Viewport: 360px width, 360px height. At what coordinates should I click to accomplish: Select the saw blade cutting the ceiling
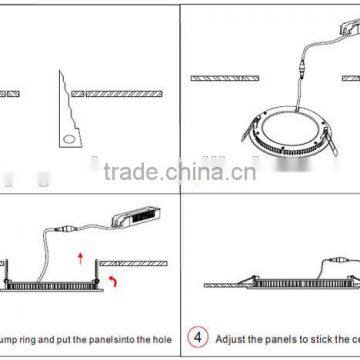(x=69, y=100)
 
